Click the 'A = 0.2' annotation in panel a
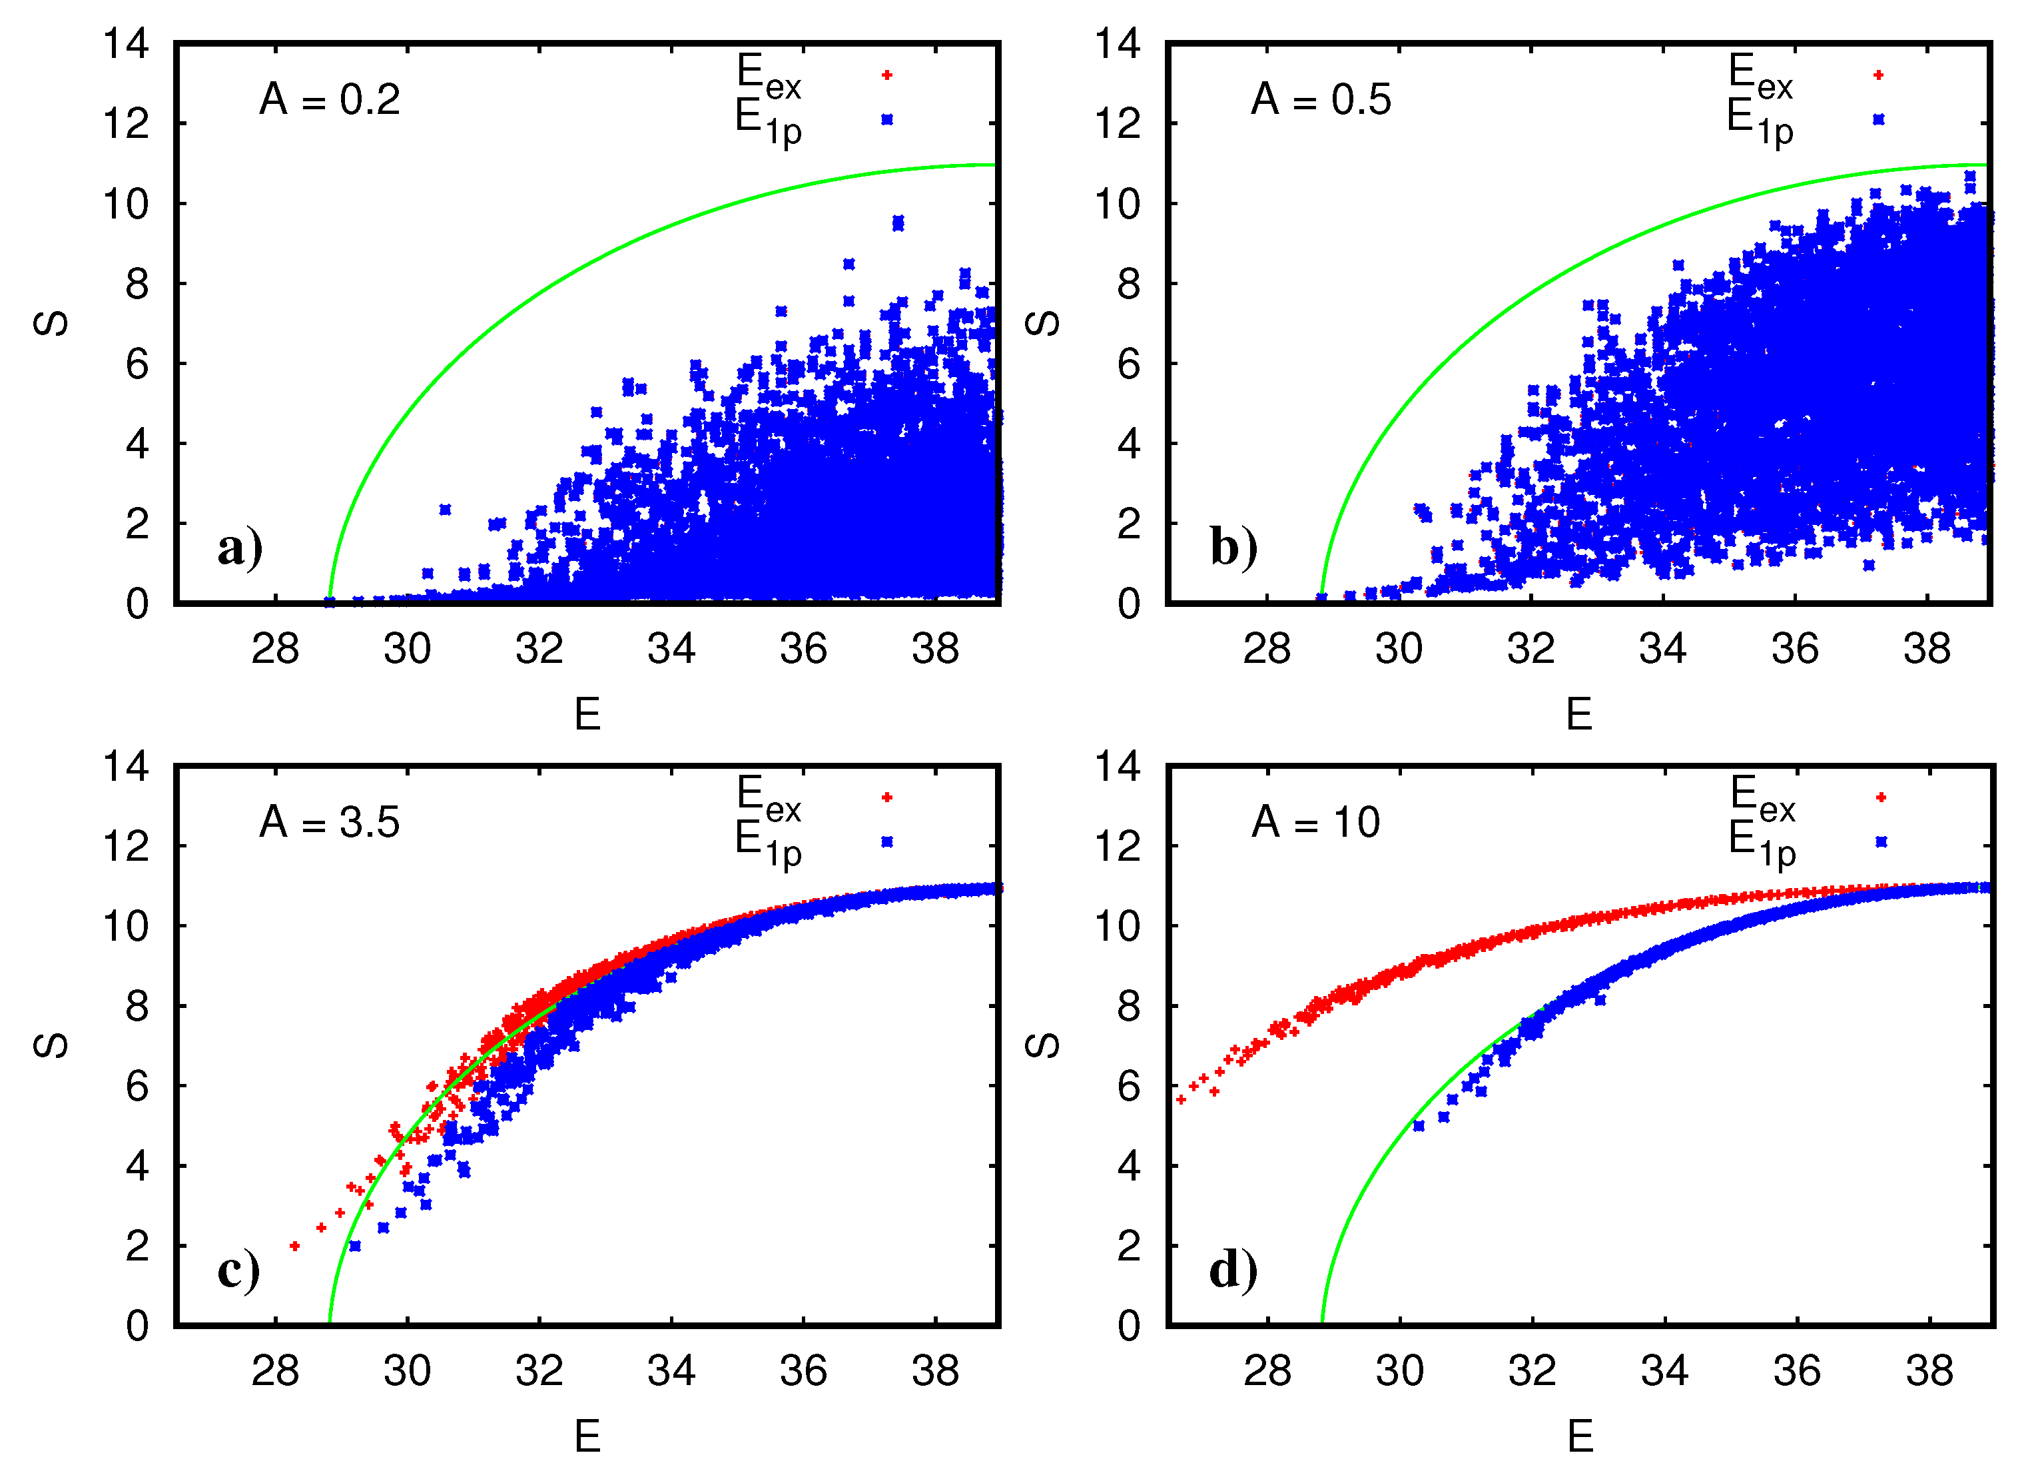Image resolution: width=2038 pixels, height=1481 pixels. (330, 99)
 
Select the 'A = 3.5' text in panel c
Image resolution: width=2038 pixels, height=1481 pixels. (330, 822)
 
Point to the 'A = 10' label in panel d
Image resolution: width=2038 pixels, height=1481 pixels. (1317, 822)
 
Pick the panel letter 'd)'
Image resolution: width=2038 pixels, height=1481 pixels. (1233, 1270)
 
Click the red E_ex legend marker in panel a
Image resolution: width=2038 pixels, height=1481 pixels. (887, 75)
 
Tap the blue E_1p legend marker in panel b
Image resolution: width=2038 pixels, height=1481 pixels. (1879, 119)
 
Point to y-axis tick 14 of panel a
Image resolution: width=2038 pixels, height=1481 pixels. (126, 43)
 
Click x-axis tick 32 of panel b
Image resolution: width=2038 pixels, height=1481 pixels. (1531, 649)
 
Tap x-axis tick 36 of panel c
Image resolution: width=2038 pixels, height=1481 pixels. (803, 1371)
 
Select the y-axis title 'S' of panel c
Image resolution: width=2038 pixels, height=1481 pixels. (51, 1045)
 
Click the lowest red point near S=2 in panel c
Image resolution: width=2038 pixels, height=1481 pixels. (295, 1246)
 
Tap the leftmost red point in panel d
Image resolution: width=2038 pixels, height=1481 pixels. (1181, 1100)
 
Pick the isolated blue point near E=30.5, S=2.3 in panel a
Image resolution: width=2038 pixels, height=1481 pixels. (445, 510)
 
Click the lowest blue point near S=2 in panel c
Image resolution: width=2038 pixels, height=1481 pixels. (355, 1246)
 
